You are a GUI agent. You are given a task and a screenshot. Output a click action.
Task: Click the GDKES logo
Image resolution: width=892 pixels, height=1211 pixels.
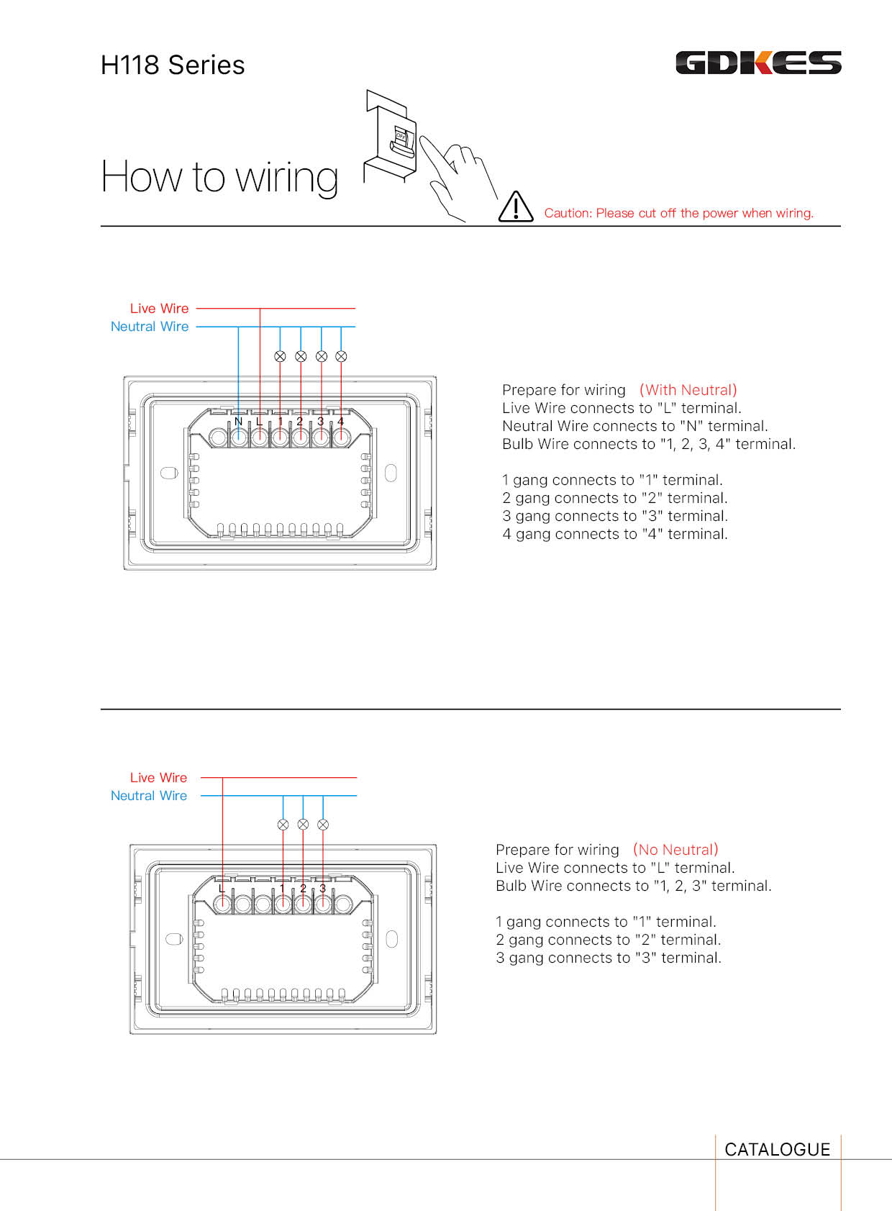tap(758, 63)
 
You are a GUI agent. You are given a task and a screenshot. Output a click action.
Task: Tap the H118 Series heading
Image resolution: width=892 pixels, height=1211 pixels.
tap(173, 65)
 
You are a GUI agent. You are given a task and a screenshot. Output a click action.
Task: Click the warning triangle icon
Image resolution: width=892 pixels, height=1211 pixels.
tap(516, 207)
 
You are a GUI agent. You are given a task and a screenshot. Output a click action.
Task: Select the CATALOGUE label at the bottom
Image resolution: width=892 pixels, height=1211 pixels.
tap(777, 1149)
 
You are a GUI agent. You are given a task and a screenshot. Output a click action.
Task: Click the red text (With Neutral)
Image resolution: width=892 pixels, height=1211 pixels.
tap(688, 390)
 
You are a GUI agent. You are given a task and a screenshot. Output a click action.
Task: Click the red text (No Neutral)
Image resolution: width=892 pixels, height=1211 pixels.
tap(675, 850)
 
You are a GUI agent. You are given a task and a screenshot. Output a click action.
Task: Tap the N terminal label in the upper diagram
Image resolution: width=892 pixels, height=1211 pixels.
tap(238, 422)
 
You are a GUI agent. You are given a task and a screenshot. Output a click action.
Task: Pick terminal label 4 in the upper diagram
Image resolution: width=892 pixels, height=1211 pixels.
tap(340, 422)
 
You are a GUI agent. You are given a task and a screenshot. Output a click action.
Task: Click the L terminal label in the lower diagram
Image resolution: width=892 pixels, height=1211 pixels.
tap(222, 889)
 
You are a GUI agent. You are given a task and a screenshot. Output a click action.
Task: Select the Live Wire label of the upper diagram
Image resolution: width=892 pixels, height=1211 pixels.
tap(159, 309)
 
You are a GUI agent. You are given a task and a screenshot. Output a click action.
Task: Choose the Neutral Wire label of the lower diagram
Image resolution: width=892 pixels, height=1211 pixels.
tap(148, 796)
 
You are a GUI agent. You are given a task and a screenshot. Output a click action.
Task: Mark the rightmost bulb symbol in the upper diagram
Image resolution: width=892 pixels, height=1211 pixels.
tap(342, 356)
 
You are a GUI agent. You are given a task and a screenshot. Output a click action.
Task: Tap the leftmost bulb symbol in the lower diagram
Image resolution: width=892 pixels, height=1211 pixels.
tap(283, 825)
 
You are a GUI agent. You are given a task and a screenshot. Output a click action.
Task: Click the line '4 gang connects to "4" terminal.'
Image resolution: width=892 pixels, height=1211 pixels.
tap(614, 534)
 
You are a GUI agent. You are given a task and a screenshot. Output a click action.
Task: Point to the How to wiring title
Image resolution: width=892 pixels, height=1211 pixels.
tap(219, 177)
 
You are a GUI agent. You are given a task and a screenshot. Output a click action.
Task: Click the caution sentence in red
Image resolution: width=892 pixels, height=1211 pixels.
tap(678, 213)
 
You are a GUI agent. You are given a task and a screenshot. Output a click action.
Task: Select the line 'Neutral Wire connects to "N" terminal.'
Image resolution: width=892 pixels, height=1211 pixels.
tap(634, 426)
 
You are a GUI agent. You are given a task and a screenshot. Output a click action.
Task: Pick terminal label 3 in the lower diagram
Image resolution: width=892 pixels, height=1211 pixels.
tap(323, 889)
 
